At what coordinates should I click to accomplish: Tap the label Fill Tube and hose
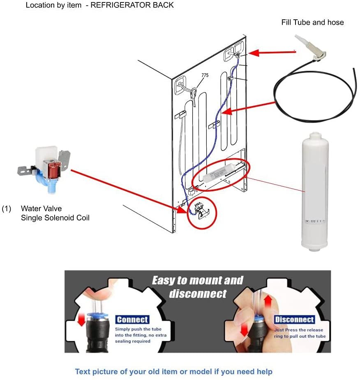click(x=312, y=22)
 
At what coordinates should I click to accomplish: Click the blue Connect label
click(x=132, y=320)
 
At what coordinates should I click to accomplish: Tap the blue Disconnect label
click(x=295, y=320)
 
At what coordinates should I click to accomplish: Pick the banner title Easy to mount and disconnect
click(x=197, y=287)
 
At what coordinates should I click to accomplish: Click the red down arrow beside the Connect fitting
click(x=81, y=320)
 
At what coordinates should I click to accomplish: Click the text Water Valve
click(x=42, y=209)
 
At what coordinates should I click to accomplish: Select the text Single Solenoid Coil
click(x=55, y=218)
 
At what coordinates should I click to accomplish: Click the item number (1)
click(x=7, y=209)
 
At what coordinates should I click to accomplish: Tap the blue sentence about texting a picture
click(x=173, y=372)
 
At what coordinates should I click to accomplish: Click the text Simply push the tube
click(x=138, y=329)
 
